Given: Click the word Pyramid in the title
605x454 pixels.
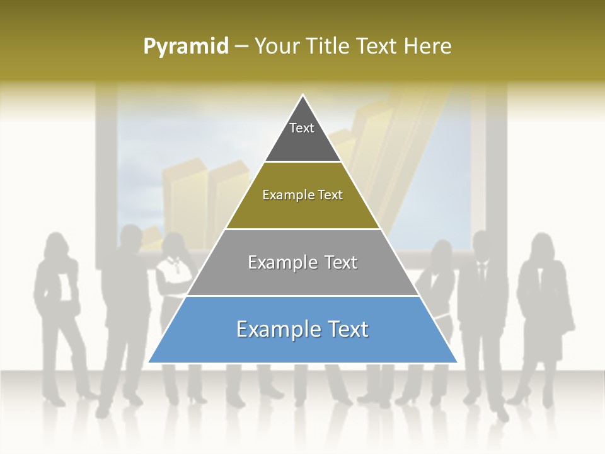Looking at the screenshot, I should (186, 47).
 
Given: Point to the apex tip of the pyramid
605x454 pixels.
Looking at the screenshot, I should (303, 96).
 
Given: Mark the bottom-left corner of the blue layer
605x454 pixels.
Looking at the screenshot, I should (149, 362).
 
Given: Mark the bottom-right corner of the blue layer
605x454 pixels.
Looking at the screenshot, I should (456, 362).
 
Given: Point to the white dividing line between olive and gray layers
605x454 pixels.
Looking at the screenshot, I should (302, 228).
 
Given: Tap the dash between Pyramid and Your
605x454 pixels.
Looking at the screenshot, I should (241, 47).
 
